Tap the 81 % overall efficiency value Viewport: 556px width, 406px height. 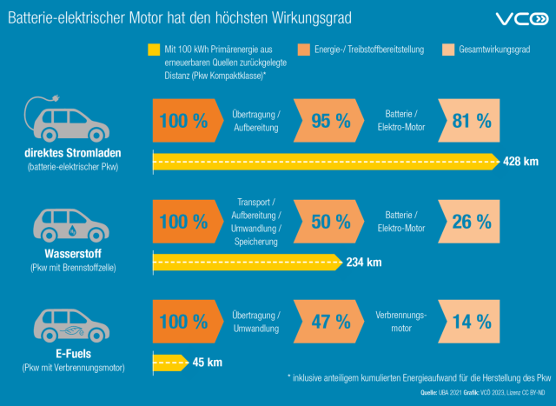[x=472, y=121]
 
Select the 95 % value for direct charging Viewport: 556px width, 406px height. [x=330, y=121]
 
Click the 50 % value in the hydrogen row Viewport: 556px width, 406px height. [x=330, y=222]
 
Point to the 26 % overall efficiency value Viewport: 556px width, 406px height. [x=472, y=222]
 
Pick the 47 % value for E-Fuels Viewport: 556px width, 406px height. [x=330, y=322]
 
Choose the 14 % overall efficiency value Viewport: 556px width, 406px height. [x=472, y=322]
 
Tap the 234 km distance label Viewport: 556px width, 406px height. [x=363, y=262]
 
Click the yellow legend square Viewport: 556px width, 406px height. [x=155, y=50]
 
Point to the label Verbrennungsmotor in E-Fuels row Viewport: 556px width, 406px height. [x=400, y=322]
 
